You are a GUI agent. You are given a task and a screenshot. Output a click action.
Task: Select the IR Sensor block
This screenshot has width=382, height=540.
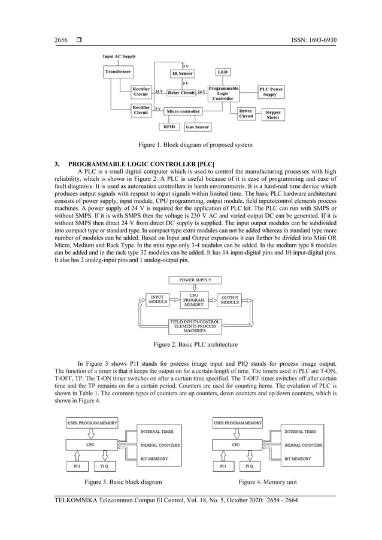click(182, 74)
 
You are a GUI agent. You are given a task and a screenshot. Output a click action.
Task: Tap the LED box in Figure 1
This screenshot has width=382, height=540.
click(222, 72)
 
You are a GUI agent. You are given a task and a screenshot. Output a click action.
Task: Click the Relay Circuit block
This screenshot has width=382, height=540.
click(181, 93)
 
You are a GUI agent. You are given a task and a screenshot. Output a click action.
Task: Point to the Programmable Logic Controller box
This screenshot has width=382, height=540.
click(223, 93)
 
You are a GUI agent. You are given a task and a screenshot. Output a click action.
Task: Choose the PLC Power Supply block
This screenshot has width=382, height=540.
click(271, 92)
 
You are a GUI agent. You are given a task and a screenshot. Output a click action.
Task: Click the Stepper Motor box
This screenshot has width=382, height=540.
click(272, 114)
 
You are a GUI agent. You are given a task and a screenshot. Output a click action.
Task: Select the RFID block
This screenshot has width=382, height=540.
click(169, 127)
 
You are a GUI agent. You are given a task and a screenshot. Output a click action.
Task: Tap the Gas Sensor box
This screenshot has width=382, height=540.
click(197, 127)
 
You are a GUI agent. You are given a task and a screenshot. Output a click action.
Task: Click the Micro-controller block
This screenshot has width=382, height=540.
click(183, 111)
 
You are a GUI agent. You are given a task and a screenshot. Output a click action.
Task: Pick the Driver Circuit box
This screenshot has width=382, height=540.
click(245, 113)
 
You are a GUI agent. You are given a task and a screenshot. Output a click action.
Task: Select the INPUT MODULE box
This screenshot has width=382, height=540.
click(159, 300)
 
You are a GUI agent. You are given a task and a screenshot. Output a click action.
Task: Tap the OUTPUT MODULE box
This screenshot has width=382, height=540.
click(230, 300)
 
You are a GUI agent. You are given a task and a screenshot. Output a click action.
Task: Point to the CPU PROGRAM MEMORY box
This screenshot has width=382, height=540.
click(194, 299)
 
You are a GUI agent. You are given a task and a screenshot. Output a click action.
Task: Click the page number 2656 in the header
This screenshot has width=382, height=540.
click(60, 41)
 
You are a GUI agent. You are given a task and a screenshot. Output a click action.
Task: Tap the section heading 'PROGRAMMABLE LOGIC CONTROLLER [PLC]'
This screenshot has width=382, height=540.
click(141, 164)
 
